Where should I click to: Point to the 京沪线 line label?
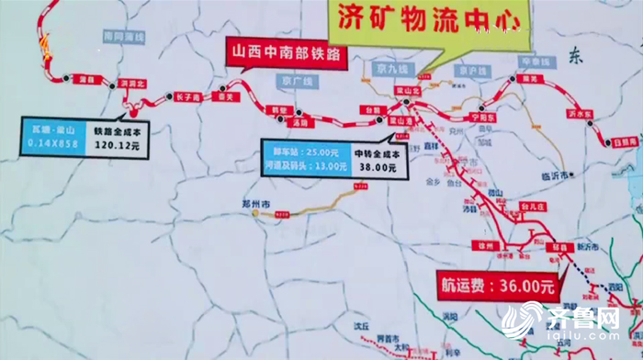tap(475, 70)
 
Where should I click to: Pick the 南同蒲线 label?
tap(125, 36)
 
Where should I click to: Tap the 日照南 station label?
tap(625, 142)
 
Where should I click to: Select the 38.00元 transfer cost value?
tap(378, 168)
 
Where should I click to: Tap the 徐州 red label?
tap(485, 247)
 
